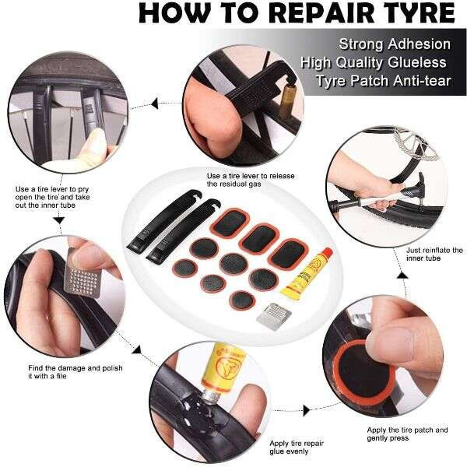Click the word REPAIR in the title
pos(321,12)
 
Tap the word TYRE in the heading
pos(417,12)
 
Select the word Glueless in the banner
pos(417,63)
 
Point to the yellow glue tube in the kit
pos(307,273)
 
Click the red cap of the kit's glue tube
pos(327,252)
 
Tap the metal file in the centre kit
pos(274,317)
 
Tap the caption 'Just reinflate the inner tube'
pos(434,254)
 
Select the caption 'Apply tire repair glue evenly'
pos(297,447)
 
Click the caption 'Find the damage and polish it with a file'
pos(75,372)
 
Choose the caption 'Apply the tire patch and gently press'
pos(407,434)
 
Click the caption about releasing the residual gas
pos(251,180)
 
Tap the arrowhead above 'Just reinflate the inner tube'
pos(401,276)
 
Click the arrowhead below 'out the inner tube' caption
pos(59,220)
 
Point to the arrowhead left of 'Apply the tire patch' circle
pos(307,410)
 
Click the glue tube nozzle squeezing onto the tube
pos(211,396)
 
